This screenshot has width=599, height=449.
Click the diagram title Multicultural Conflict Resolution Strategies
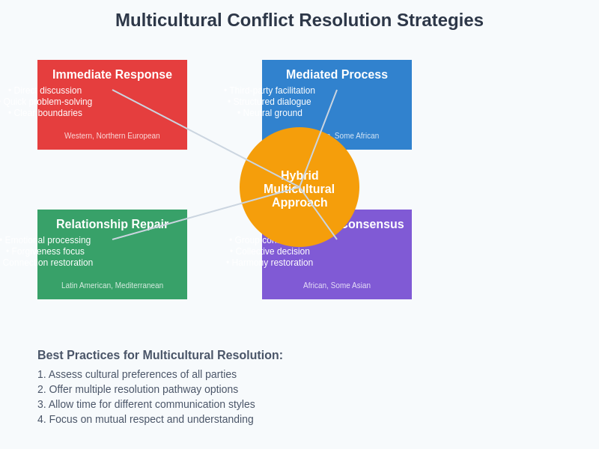coord(299,20)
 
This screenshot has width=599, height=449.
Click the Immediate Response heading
coord(112,75)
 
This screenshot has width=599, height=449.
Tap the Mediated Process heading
coord(337,75)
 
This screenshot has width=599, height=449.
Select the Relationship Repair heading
coord(112,224)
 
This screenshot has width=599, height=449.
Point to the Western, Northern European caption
coord(112,136)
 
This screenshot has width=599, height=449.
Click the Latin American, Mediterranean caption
coord(112,286)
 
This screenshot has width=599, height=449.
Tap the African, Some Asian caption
coord(337,286)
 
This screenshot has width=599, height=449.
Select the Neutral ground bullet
coord(271,113)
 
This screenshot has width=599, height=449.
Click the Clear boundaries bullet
coord(46,113)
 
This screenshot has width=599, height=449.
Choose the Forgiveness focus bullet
coord(46,251)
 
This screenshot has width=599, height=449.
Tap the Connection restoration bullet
coord(48,263)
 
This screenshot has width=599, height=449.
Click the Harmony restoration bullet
coord(271,263)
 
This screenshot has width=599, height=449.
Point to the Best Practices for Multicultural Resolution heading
coord(160,355)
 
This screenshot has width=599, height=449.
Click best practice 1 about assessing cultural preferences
coord(137,374)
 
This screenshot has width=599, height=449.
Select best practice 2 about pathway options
coord(138,389)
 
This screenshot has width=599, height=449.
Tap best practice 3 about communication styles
coord(146,404)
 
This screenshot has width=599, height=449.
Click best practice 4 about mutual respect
coord(145,419)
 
